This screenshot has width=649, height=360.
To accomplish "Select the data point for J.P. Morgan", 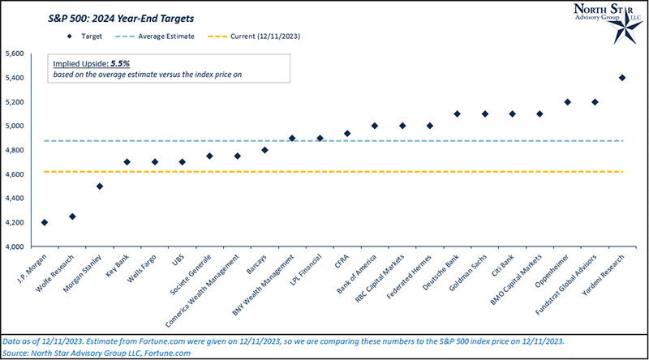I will (45, 222).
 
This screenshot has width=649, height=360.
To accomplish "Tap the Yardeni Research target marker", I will (622, 78).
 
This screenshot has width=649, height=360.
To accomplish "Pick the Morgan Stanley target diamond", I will (100, 186).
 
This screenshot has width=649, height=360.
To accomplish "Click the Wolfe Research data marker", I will (72, 216).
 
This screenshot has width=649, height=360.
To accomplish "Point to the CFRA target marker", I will (347, 134).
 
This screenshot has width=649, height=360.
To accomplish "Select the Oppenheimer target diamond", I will (567, 102).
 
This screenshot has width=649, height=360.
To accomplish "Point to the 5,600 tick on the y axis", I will (15, 54).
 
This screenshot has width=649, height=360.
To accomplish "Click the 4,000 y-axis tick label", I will (15, 246).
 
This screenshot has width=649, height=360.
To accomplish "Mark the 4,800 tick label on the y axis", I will (15, 150).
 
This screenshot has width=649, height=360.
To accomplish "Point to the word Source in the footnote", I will (18, 354).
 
